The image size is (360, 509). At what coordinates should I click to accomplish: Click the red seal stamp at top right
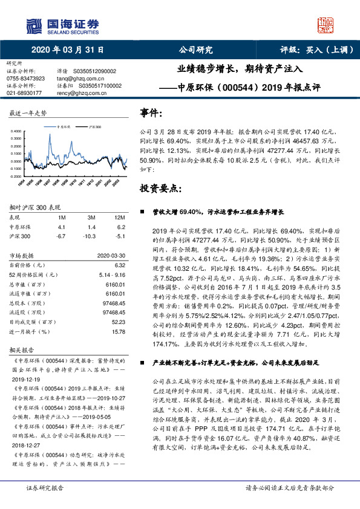[x=326, y=25]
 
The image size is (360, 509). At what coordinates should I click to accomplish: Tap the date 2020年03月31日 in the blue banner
[x=67, y=50]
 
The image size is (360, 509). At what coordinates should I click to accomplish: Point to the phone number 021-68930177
[x=24, y=93]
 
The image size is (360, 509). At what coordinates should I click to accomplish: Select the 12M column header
[x=119, y=216]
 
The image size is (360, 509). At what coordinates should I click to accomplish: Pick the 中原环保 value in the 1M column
[x=61, y=226]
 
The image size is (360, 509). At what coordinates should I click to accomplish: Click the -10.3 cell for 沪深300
[x=90, y=236]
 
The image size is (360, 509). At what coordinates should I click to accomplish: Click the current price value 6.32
[x=119, y=264]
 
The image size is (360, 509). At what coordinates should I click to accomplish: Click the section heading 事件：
[x=151, y=114]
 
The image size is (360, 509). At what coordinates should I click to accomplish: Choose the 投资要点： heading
[x=160, y=189]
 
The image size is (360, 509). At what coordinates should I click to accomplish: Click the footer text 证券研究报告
[x=46, y=487]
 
